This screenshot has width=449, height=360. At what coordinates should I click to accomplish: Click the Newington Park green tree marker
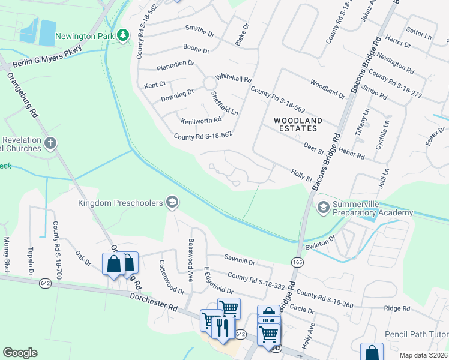(x=123, y=35)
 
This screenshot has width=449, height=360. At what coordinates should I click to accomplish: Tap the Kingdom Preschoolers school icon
(x=172, y=203)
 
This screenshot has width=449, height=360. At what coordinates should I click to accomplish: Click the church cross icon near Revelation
(x=50, y=143)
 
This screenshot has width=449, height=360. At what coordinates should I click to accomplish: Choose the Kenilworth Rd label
(x=201, y=120)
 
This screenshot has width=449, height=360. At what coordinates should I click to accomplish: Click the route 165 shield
(x=297, y=262)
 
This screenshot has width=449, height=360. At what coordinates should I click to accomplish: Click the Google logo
(x=20, y=353)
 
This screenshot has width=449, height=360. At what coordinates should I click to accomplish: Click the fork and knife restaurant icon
(x=222, y=327)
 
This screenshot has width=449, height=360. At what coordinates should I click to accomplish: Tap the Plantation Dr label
(x=175, y=63)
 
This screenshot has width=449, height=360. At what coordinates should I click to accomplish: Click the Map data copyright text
(x=423, y=355)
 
